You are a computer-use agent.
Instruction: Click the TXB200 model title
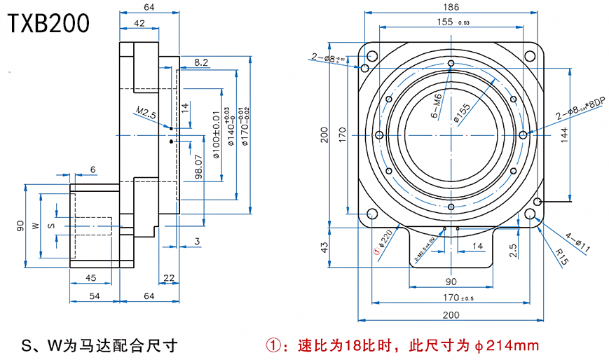pyautogui.click(x=49, y=23)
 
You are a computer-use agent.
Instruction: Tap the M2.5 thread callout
pyautogui.click(x=146, y=112)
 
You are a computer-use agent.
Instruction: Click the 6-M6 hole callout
pyautogui.click(x=435, y=105)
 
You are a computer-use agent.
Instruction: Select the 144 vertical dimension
pyautogui.click(x=564, y=133)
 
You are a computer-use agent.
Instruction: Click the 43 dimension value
pyautogui.click(x=324, y=247)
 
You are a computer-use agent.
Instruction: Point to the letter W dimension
pyautogui.click(x=34, y=226)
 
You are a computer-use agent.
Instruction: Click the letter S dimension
pyautogui.click(x=50, y=226)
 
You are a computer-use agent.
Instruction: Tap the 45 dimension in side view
pyautogui.click(x=90, y=278)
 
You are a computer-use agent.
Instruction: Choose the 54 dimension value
pyautogui.click(x=94, y=296)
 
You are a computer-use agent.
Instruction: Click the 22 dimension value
pyautogui.click(x=168, y=278)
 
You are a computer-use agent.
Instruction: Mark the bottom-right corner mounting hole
pyautogui.click(x=538, y=202)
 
